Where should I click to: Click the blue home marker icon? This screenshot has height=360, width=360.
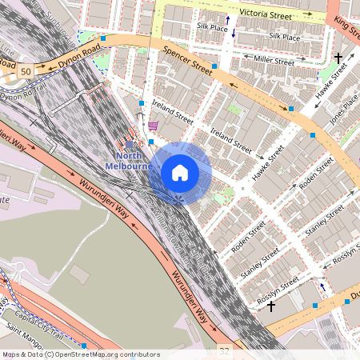click(x=180, y=172)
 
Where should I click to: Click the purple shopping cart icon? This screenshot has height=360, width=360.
click(x=152, y=126)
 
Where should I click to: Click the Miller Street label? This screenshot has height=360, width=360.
click(x=274, y=60)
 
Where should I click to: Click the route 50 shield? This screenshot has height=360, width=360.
click(x=26, y=72)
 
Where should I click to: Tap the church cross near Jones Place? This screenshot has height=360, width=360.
click(x=338, y=58)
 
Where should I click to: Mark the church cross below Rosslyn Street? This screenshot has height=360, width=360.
click(x=271, y=306)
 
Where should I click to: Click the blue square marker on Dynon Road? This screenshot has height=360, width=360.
click(x=103, y=38)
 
